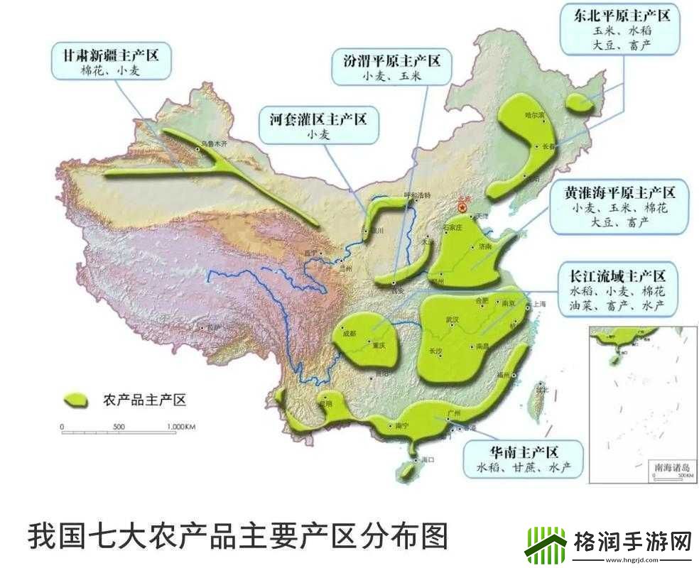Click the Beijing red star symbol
pos(462,207)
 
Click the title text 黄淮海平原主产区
pos(619,192)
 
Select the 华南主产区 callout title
pos(524,452)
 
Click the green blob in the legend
pos(77,400)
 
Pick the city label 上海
pos(538,304)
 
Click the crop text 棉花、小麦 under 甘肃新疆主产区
pos(112,70)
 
